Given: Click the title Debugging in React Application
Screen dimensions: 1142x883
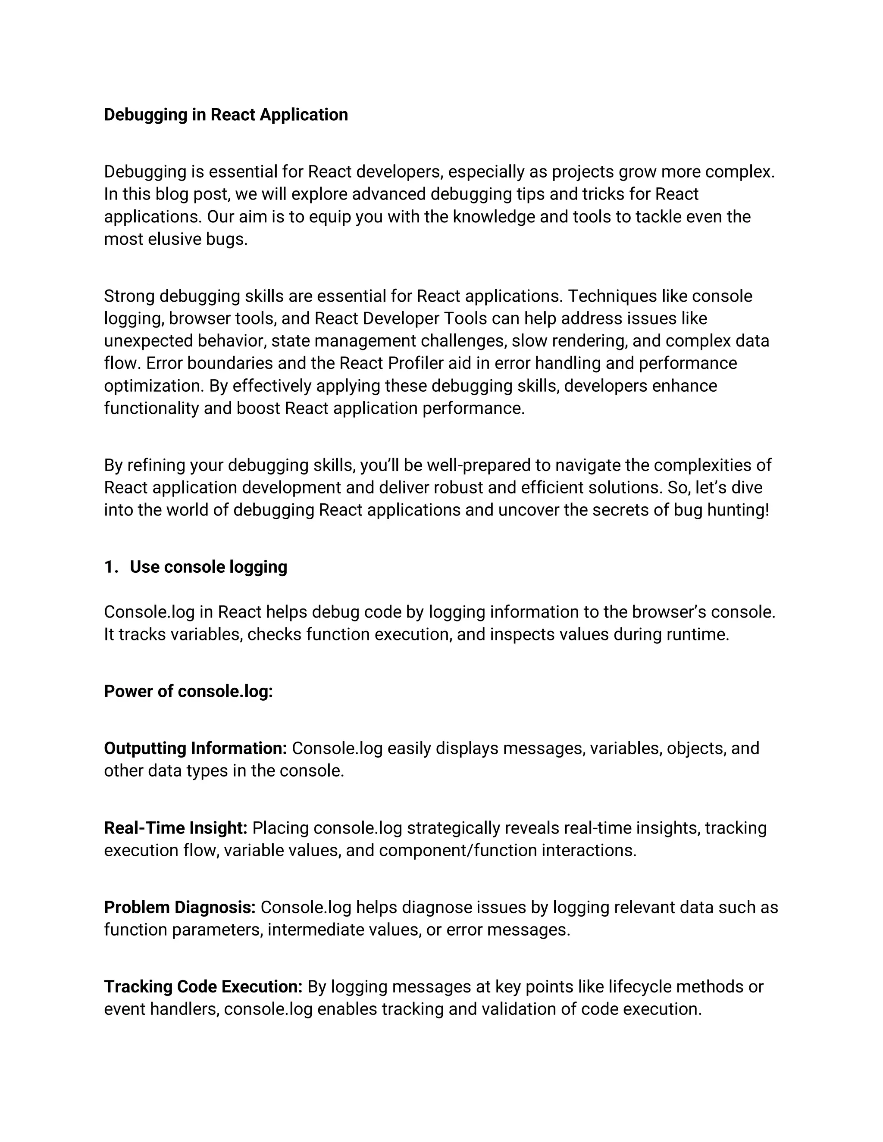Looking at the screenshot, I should click(x=225, y=115).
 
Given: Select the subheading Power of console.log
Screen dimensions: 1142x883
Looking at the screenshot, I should click(x=188, y=691).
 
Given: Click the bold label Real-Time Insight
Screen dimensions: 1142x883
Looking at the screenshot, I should click(x=175, y=828).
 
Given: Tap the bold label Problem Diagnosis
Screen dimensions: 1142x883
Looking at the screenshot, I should click(x=179, y=907).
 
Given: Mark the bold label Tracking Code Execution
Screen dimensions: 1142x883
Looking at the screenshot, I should click(x=203, y=987).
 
